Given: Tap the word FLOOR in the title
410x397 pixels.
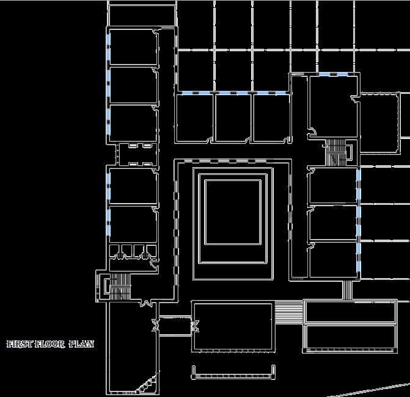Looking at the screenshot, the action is pyautogui.click(x=48, y=345).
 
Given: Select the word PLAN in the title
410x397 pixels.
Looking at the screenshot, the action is pyautogui.click(x=81, y=345).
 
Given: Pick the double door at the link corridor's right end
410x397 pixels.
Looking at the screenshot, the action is pyautogui.click(x=196, y=326).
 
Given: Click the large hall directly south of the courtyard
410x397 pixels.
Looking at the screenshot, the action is pyautogui.click(x=232, y=327).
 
